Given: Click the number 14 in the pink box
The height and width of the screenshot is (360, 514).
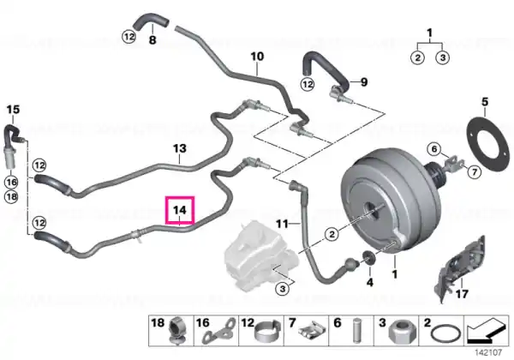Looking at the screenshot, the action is pyautogui.click(x=180, y=209).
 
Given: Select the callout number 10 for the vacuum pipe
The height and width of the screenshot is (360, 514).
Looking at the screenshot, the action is pyautogui.click(x=257, y=57).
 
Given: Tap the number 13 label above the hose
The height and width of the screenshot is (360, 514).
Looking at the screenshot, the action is pyautogui.click(x=180, y=148).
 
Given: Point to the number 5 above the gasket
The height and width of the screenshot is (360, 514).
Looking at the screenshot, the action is pyautogui.click(x=485, y=102).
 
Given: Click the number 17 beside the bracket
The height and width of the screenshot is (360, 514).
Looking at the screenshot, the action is pyautogui.click(x=462, y=294).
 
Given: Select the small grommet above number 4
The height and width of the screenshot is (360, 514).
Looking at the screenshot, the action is pyautogui.click(x=369, y=258).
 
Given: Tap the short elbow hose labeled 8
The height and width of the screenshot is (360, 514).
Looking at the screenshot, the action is pyautogui.click(x=151, y=21).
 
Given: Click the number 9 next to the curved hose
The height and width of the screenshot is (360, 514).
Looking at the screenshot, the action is pyautogui.click(x=364, y=82).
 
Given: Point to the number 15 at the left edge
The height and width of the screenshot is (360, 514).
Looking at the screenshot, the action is pyautogui.click(x=13, y=109).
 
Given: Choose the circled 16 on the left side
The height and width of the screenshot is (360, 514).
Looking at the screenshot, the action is pyautogui.click(x=11, y=182).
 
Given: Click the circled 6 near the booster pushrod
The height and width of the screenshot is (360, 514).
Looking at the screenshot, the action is pyautogui.click(x=434, y=149).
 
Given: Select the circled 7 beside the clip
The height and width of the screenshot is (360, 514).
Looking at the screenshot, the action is pyautogui.click(x=475, y=171).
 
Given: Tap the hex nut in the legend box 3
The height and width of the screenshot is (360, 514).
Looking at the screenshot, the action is pyautogui.click(x=400, y=333).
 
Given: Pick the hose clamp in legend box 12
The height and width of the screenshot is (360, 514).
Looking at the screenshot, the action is pyautogui.click(x=267, y=333).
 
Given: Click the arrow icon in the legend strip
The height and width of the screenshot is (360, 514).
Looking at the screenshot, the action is pyautogui.click(x=487, y=331).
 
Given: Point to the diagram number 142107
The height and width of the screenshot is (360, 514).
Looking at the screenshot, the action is pyautogui.click(x=488, y=353).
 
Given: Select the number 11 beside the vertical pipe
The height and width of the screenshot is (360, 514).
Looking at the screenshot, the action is pyautogui.click(x=282, y=225).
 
